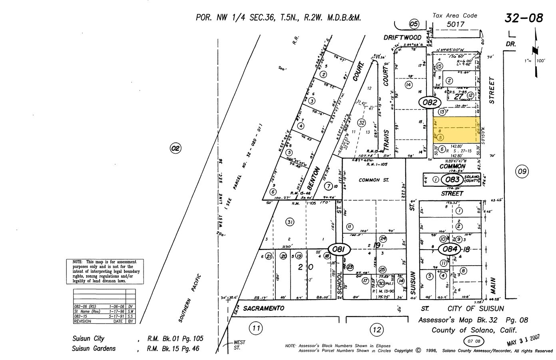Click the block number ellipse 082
(x=430, y=102)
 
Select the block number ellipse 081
(x=339, y=250)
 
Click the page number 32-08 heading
(x=524, y=18)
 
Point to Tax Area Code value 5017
(x=455, y=24)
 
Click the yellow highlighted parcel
(x=457, y=130)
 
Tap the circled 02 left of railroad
(x=175, y=149)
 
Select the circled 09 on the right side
(x=522, y=172)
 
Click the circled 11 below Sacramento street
(x=256, y=329)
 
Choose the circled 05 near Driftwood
(x=414, y=24)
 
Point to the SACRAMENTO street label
(x=263, y=308)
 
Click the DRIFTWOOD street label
(x=403, y=37)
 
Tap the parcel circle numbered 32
(x=361, y=122)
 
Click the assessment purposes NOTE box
(x=105, y=272)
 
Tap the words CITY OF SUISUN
(x=476, y=308)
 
